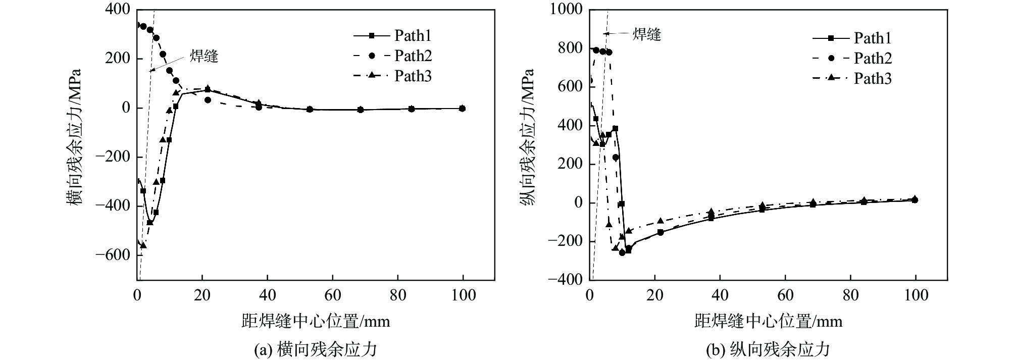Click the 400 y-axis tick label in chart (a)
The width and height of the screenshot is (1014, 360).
tap(118, 10)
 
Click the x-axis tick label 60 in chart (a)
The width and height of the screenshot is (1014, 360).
tap(333, 295)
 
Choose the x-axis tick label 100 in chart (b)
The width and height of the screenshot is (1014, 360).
tap(916, 295)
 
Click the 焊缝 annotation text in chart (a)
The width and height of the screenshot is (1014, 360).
tap(204, 56)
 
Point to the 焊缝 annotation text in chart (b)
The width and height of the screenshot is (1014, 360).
tap(647, 34)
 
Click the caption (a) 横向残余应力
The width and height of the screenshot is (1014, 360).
tap(316, 349)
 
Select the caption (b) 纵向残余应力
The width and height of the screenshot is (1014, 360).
tap(769, 349)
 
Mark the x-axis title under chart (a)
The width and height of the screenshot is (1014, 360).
tap(316, 321)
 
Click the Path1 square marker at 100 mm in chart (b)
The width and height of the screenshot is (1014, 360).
tap(915, 200)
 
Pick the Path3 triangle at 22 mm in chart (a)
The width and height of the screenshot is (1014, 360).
tap(208, 88)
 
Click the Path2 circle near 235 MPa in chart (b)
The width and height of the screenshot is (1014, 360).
tap(616, 158)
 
